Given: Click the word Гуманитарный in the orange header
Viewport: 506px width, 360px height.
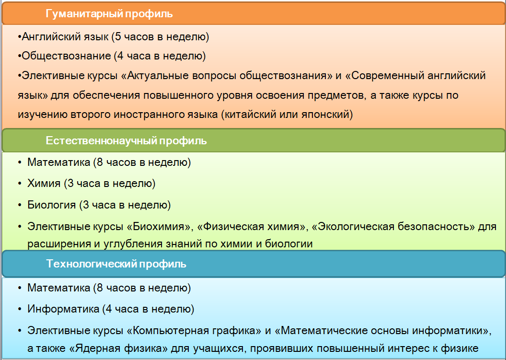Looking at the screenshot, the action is (84, 14).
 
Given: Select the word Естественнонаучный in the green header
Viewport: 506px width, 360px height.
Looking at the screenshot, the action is (101, 141).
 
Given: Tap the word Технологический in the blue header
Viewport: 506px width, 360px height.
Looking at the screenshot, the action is (92, 264).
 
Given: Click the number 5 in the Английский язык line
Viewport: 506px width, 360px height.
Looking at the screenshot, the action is (118, 37).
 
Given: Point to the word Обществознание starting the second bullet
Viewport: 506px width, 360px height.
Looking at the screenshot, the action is (66, 56).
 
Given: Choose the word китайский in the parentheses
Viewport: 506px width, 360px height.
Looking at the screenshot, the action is (251, 115).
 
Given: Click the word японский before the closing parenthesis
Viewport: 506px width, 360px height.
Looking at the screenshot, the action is (326, 115).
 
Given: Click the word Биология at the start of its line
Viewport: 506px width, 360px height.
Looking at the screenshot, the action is (52, 205).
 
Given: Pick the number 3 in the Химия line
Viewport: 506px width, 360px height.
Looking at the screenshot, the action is (70, 184).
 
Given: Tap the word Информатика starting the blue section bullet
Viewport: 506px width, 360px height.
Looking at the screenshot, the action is (63, 309).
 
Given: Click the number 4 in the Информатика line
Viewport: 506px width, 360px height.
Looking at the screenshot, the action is (109, 309).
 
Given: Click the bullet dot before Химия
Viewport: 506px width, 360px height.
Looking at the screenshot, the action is (20, 184).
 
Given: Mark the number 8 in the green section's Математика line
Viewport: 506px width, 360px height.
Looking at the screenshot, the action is (100, 163).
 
